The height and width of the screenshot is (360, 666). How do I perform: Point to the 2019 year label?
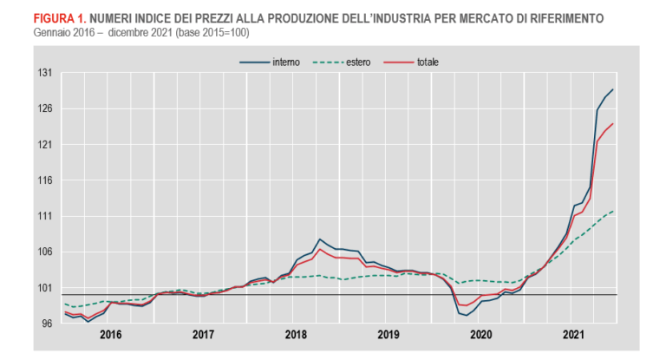(388, 334)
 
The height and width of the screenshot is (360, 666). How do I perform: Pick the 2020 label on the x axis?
(480, 334)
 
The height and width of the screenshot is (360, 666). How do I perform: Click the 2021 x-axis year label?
(572, 334)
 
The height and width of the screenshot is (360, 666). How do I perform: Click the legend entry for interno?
(285, 62)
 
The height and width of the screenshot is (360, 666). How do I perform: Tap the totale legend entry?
(428, 62)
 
